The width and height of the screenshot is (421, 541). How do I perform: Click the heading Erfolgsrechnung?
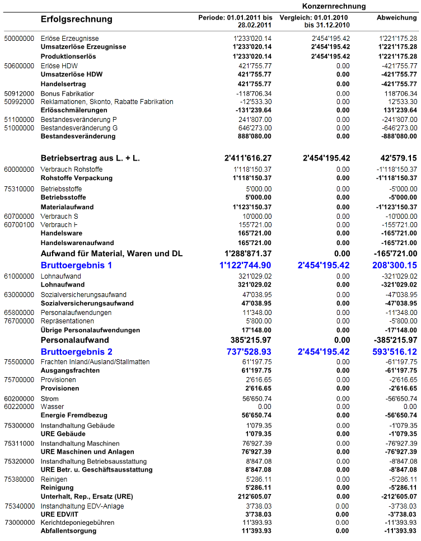point(77,20)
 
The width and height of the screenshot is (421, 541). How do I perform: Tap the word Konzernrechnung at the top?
point(334,6)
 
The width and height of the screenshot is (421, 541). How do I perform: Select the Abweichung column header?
point(396,18)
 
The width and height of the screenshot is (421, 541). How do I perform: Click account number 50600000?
point(19,66)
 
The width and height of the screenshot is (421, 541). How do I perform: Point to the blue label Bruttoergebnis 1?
point(77,265)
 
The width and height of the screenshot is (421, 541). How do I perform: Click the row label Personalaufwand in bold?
point(75,340)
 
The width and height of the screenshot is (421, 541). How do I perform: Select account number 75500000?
point(19,362)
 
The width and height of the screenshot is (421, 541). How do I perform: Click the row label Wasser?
point(53,407)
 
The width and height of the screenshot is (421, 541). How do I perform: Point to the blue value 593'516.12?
point(395,352)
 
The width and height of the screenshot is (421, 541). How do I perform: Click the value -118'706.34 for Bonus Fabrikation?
point(254,93)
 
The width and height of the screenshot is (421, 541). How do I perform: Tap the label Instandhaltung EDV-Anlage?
point(82,506)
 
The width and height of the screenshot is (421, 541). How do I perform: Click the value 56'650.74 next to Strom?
point(257,399)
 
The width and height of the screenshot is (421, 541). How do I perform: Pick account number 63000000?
point(19,295)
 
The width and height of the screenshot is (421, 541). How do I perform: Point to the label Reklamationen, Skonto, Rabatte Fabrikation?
point(107,102)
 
